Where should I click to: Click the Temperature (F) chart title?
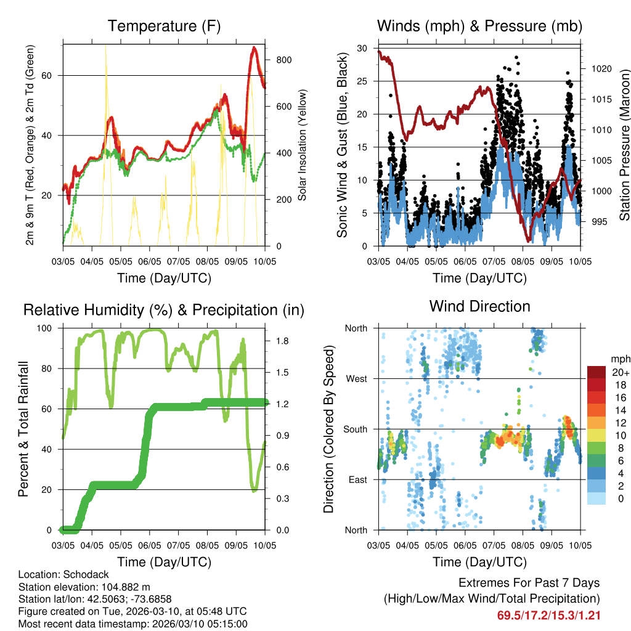coord(164,26)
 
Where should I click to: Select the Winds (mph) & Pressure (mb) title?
coord(479,26)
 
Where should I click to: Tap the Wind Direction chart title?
coord(479,306)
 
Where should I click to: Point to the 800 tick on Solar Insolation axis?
coord(283,60)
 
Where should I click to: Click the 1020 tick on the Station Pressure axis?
coord(601,69)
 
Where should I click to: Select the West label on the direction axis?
coord(356,379)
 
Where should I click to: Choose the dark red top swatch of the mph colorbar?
coord(596,372)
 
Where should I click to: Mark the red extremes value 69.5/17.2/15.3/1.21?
coord(548,615)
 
